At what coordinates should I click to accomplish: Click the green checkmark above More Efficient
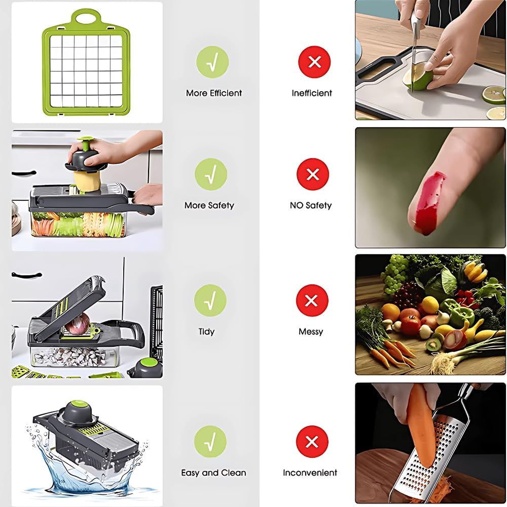(212, 62)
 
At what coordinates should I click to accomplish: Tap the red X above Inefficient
(314, 62)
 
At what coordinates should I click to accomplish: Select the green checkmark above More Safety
(211, 174)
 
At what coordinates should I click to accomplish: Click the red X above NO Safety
(313, 174)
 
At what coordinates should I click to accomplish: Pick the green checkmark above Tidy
(210, 301)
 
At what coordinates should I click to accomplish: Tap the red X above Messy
(312, 301)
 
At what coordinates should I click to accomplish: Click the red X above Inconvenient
(312, 442)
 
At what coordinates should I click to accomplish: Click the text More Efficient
(214, 93)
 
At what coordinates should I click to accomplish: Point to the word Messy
(311, 332)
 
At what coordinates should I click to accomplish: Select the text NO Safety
(311, 206)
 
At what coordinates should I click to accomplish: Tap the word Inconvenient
(310, 473)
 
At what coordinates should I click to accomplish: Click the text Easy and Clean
(213, 473)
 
